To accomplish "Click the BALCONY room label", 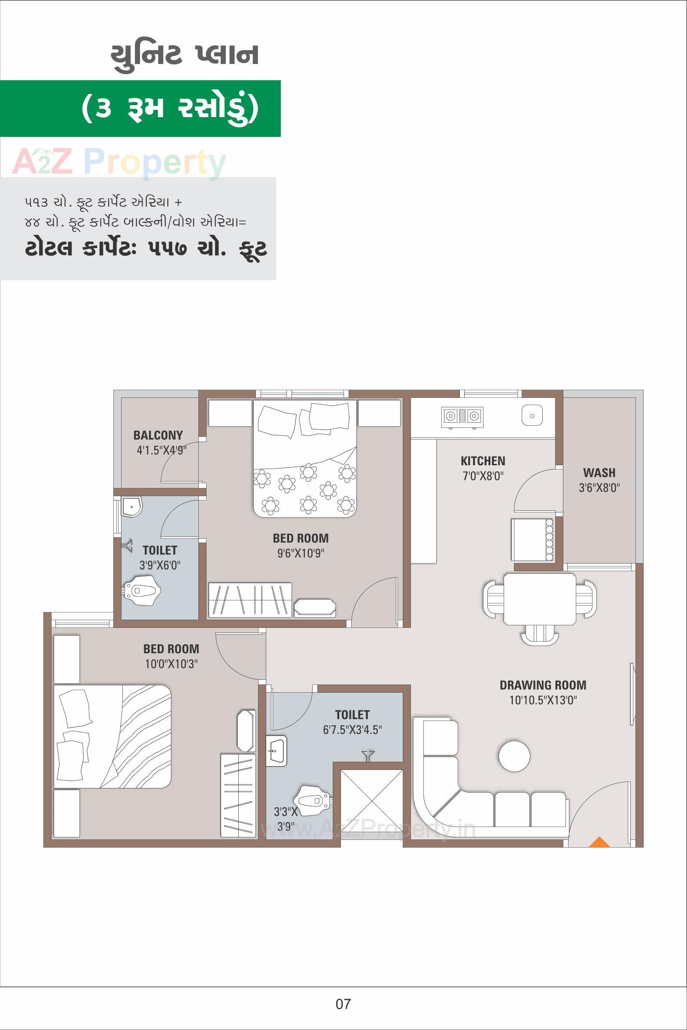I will [x=158, y=435].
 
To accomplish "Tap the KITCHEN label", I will [x=483, y=460].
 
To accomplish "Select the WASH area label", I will [x=599, y=473].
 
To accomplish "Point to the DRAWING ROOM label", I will [x=543, y=685].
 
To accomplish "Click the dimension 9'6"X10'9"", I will [x=301, y=553].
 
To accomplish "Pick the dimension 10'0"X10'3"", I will [x=171, y=664].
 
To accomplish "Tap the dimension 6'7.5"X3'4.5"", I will [x=352, y=730].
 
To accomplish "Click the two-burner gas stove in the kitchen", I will [x=462, y=415].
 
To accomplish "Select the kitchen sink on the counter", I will [x=532, y=415].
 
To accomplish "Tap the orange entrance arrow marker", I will [x=599, y=842].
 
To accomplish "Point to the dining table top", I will [x=540, y=599].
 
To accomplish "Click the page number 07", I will [x=343, y=1004].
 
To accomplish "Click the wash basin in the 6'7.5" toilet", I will [x=276, y=751].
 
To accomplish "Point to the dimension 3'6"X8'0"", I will [x=599, y=488].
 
